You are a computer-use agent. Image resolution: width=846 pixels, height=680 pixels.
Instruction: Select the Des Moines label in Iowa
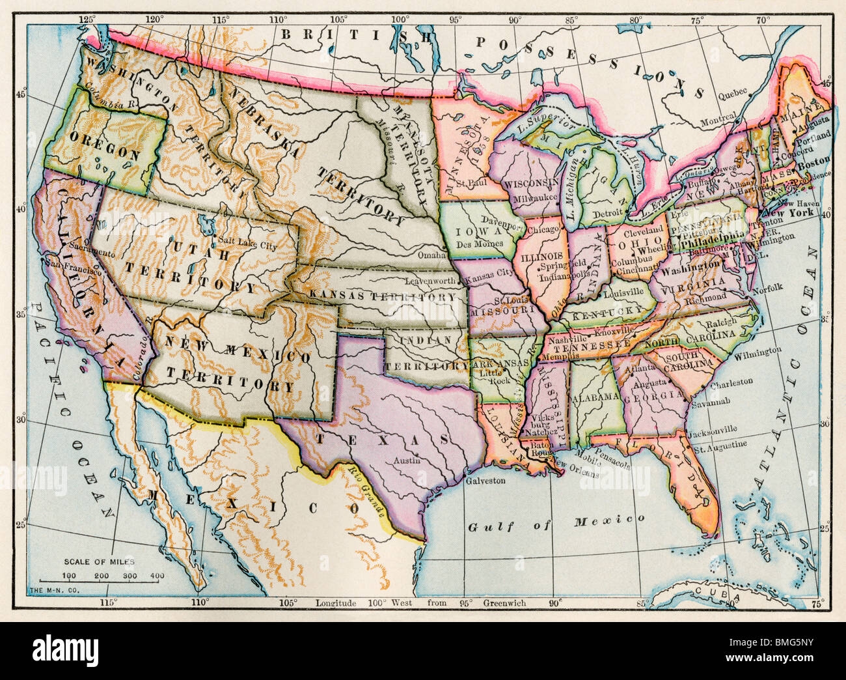pyautogui.click(x=480, y=244)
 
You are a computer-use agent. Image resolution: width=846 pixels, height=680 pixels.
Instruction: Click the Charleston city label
pyautogui.click(x=731, y=382)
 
